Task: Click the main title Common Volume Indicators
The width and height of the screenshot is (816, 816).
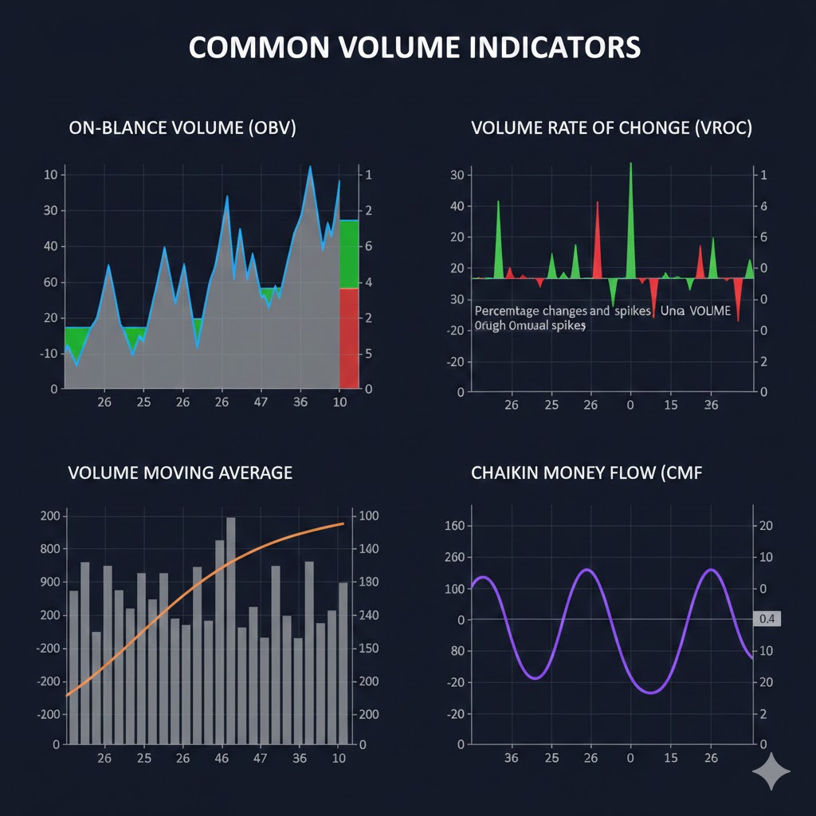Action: click(x=414, y=47)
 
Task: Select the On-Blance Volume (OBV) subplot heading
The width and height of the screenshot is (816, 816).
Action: click(x=182, y=128)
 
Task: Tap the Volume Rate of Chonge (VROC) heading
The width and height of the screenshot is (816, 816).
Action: click(x=611, y=128)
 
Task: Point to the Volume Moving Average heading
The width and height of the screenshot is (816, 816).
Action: click(x=180, y=473)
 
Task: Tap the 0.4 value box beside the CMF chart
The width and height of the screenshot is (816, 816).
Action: click(x=767, y=619)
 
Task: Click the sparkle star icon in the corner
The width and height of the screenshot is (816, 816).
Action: click(x=771, y=771)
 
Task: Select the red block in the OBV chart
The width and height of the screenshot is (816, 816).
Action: click(x=349, y=338)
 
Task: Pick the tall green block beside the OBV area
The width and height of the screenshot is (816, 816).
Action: click(x=349, y=253)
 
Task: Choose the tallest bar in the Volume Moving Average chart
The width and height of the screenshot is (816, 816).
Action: click(x=231, y=630)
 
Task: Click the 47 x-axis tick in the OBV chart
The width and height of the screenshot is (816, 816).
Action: click(x=261, y=402)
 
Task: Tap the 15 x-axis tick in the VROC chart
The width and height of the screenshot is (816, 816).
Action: click(x=670, y=406)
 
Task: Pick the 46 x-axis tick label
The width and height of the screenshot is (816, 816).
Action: click(x=222, y=758)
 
